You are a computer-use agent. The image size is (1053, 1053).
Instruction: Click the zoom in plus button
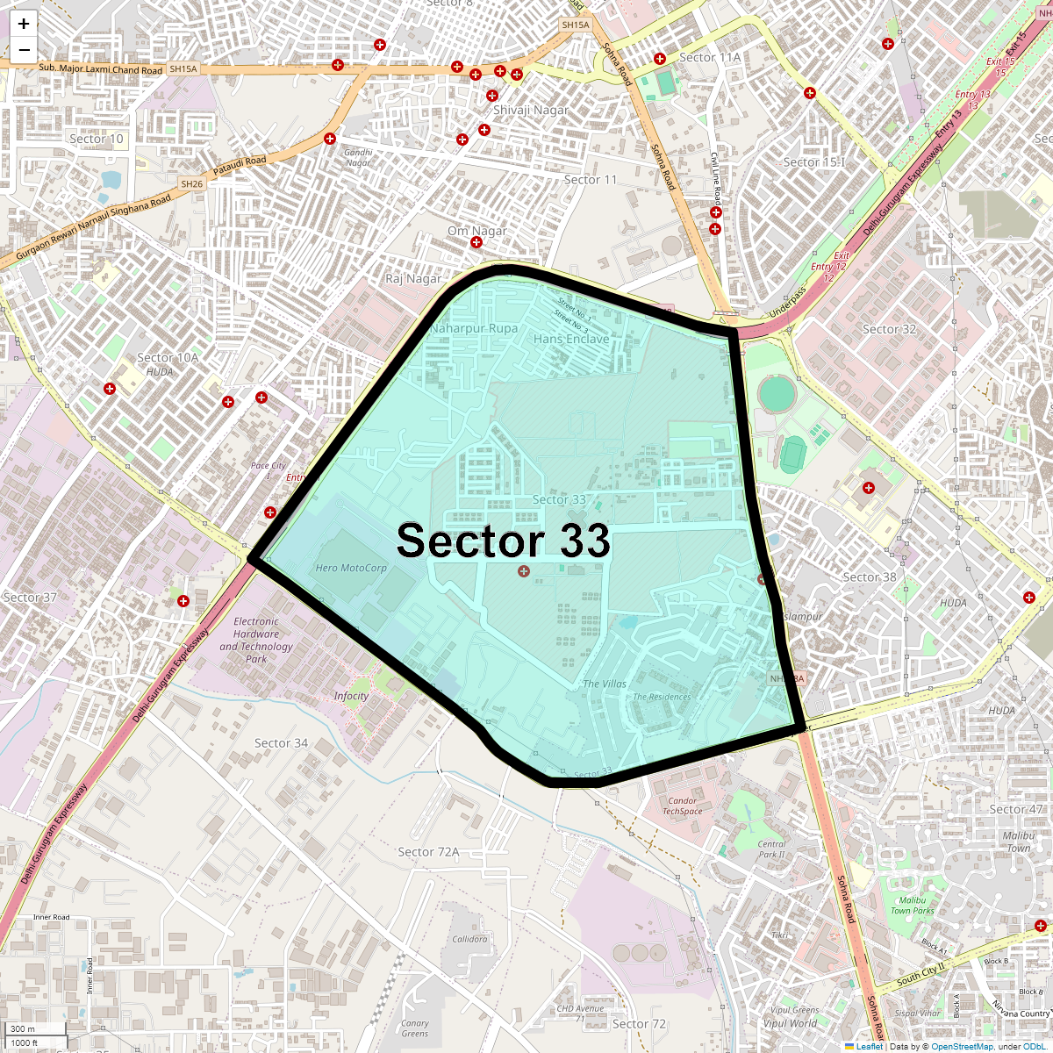coord(24,25)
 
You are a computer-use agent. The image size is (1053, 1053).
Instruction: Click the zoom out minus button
coord(24,50)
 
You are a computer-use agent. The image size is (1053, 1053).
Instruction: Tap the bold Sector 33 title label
coord(503,541)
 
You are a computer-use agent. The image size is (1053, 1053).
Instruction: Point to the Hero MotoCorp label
coord(351,568)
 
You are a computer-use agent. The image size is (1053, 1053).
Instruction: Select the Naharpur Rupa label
coord(474,328)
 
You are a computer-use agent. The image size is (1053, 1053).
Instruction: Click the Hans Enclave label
coord(571,339)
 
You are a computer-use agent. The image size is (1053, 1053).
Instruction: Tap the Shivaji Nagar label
coord(531,110)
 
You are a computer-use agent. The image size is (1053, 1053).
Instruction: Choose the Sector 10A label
coord(168,357)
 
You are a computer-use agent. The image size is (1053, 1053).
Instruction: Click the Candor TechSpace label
coord(682,806)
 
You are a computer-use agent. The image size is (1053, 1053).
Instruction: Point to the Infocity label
coord(351,696)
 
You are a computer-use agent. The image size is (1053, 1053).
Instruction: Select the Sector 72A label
coord(428,851)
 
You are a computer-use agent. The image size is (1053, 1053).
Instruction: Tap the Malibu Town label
coord(1018,842)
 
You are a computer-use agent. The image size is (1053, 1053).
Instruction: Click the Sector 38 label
coord(870,577)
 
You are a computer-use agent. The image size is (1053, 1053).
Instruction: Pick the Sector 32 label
coord(889,329)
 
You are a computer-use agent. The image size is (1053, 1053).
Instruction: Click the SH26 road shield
coord(191,184)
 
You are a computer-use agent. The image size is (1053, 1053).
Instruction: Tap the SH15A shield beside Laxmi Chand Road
coord(183,68)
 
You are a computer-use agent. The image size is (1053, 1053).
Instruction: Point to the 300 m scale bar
coord(35,1028)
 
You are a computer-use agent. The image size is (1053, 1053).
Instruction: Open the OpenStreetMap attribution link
coord(962,1046)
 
